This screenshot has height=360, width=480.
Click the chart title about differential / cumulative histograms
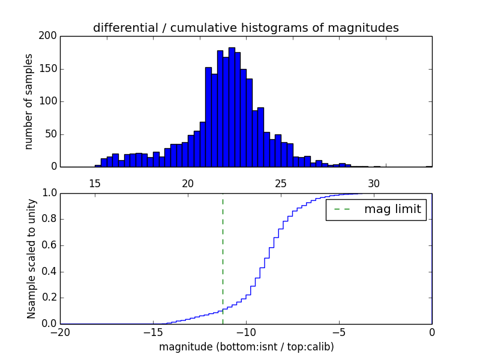(x=245, y=28)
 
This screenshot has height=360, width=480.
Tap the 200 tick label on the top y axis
(x=49, y=36)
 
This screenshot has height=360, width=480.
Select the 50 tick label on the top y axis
(x=51, y=134)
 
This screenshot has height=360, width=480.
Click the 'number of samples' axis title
(x=29, y=101)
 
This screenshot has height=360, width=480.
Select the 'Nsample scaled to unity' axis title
(x=31, y=259)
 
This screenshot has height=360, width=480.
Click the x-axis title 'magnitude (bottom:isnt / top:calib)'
(x=246, y=347)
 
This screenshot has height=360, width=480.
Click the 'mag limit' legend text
(x=392, y=209)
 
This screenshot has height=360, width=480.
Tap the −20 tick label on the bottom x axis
(x=60, y=332)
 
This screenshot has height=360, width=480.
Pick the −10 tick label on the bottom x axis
(x=246, y=332)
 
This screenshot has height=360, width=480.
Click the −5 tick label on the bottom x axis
(x=339, y=332)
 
